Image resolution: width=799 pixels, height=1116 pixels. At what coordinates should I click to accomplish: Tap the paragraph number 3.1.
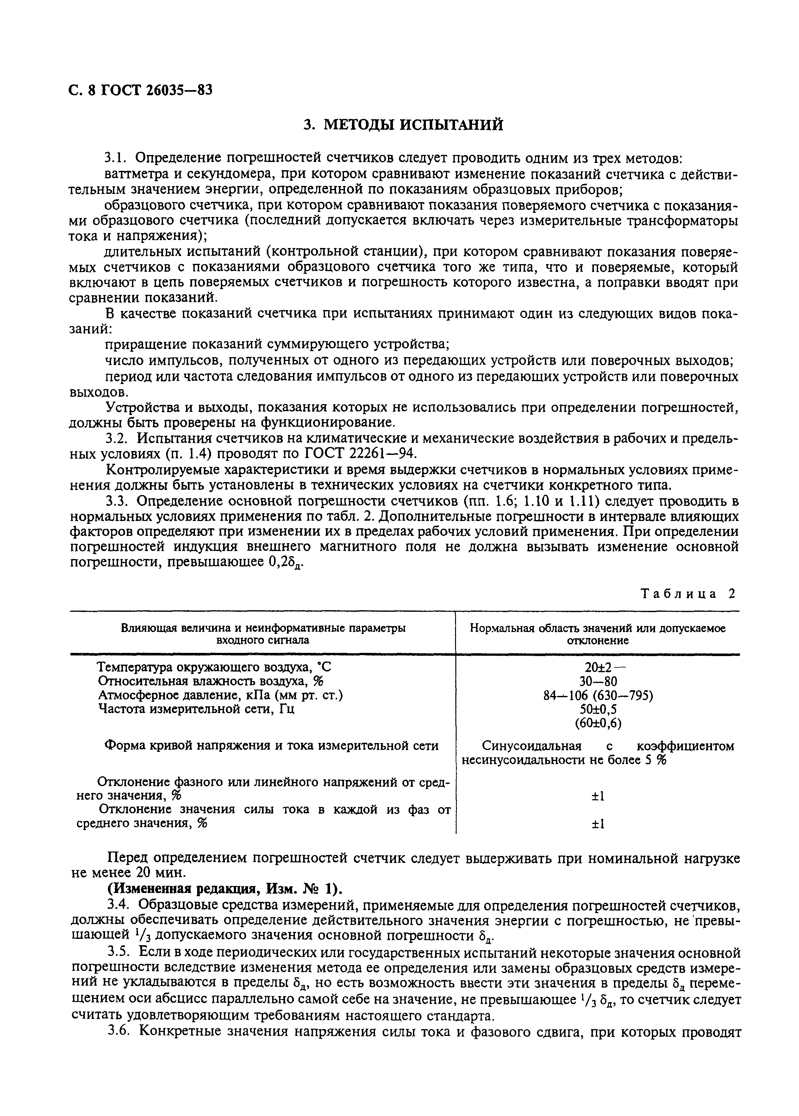point(116,158)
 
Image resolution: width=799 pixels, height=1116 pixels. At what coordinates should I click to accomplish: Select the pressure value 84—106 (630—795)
point(598,696)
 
